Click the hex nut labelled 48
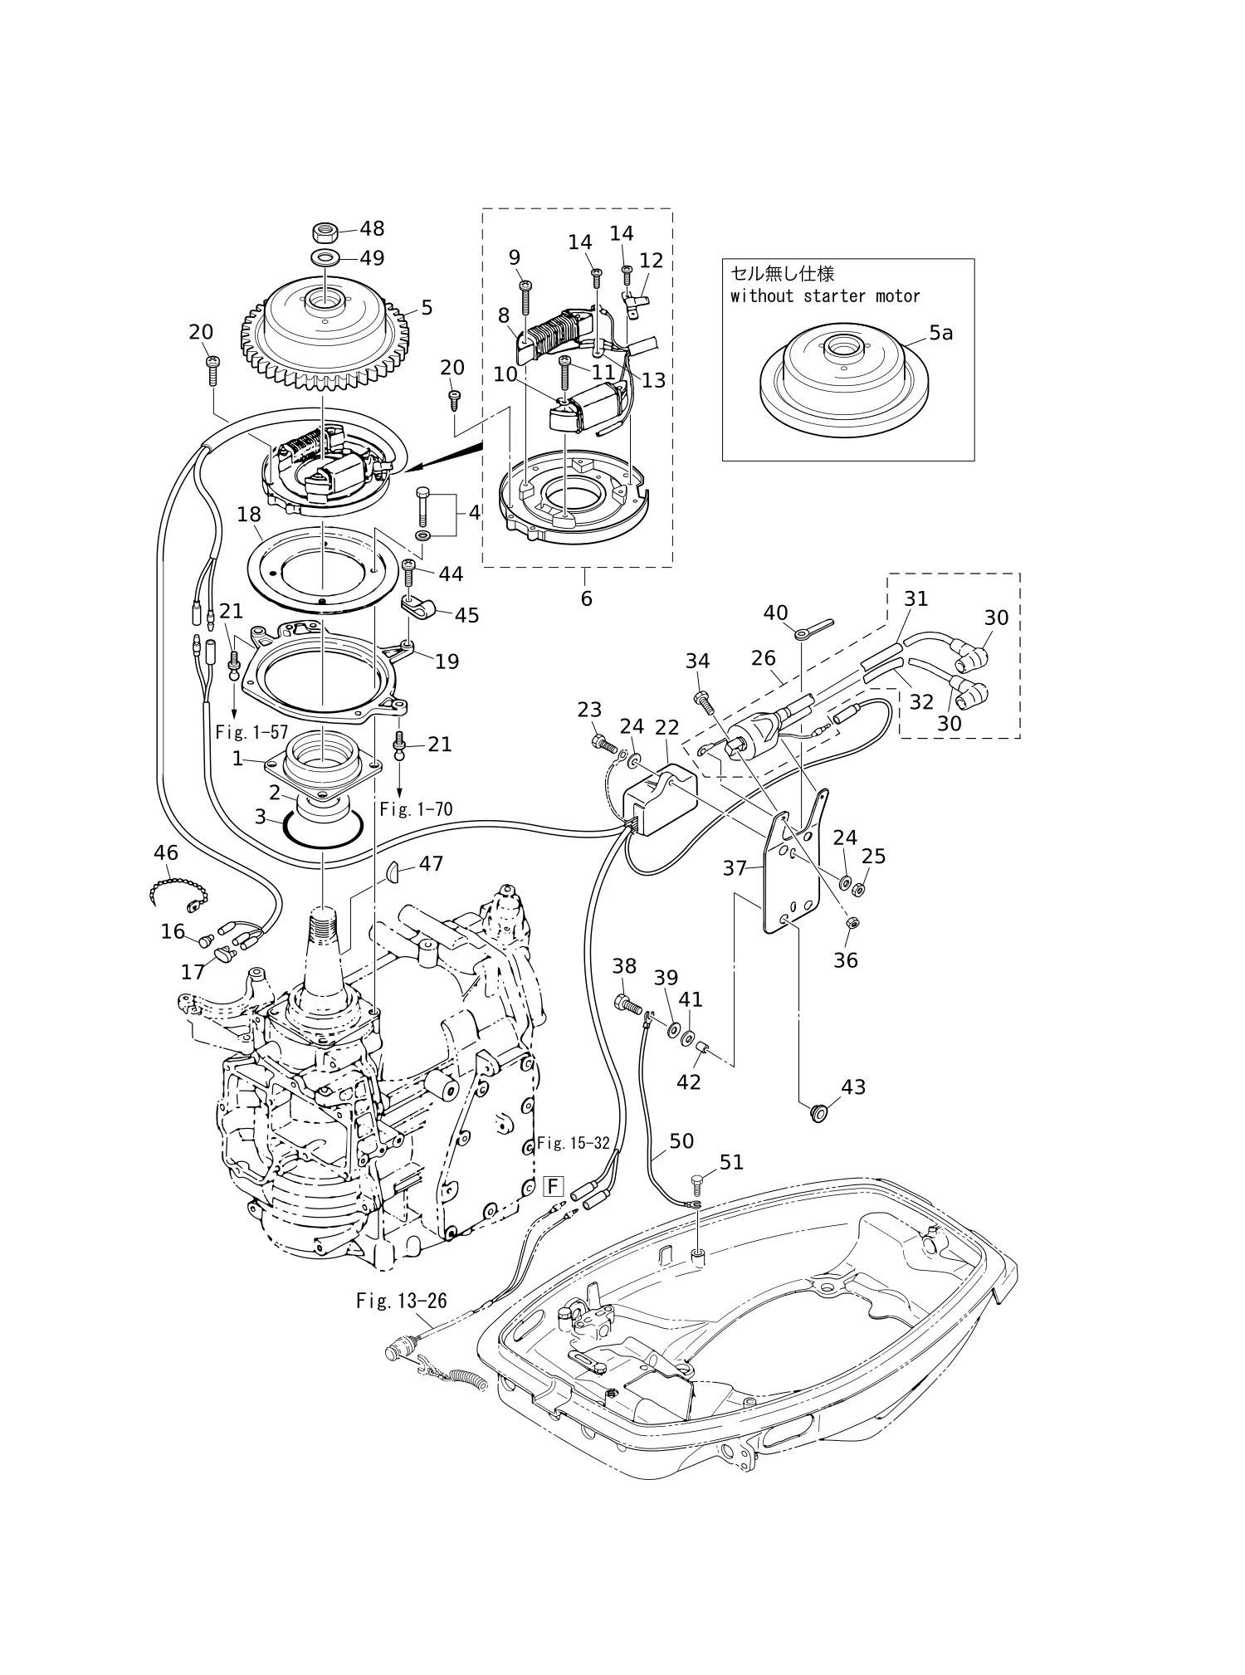(x=325, y=230)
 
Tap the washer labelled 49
(x=325, y=256)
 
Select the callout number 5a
(x=940, y=333)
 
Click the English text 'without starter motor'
(x=825, y=295)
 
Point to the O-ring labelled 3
(x=323, y=831)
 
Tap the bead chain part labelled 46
(x=178, y=892)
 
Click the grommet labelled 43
(x=819, y=1111)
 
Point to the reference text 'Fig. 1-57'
(x=251, y=732)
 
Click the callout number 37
(x=735, y=868)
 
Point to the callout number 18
(x=249, y=515)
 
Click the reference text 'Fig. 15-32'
(x=573, y=1142)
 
